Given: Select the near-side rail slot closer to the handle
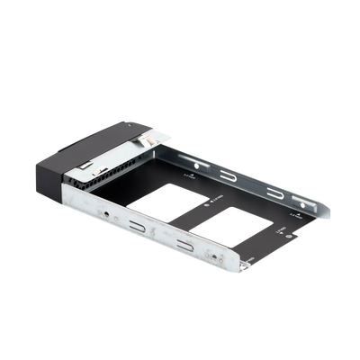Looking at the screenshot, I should (139, 227).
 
